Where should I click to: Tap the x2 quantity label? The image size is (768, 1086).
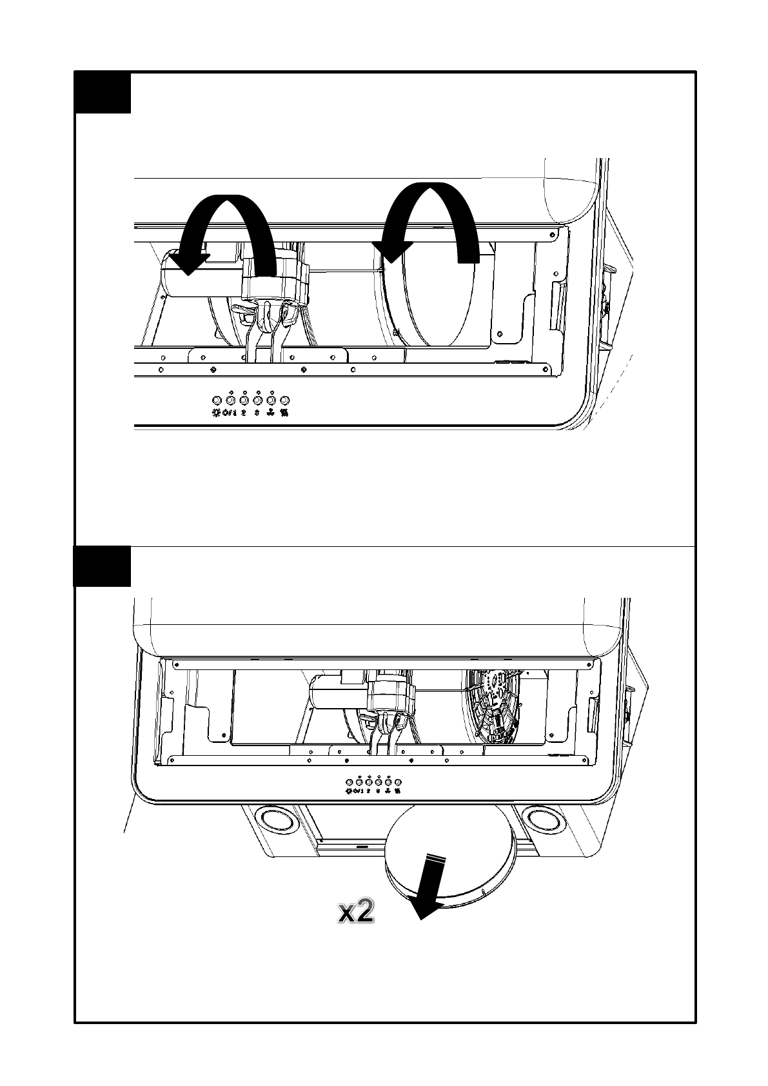point(357,912)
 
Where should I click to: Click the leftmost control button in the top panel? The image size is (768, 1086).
point(217,400)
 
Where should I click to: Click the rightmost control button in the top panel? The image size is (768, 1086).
point(285,400)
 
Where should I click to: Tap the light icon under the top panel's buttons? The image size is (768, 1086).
point(215,413)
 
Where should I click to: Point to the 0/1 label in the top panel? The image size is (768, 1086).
point(230,413)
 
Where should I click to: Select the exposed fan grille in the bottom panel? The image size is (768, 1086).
point(493,706)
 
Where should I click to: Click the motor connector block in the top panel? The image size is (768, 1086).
point(274,277)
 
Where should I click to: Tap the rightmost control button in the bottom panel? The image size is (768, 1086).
point(398,782)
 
